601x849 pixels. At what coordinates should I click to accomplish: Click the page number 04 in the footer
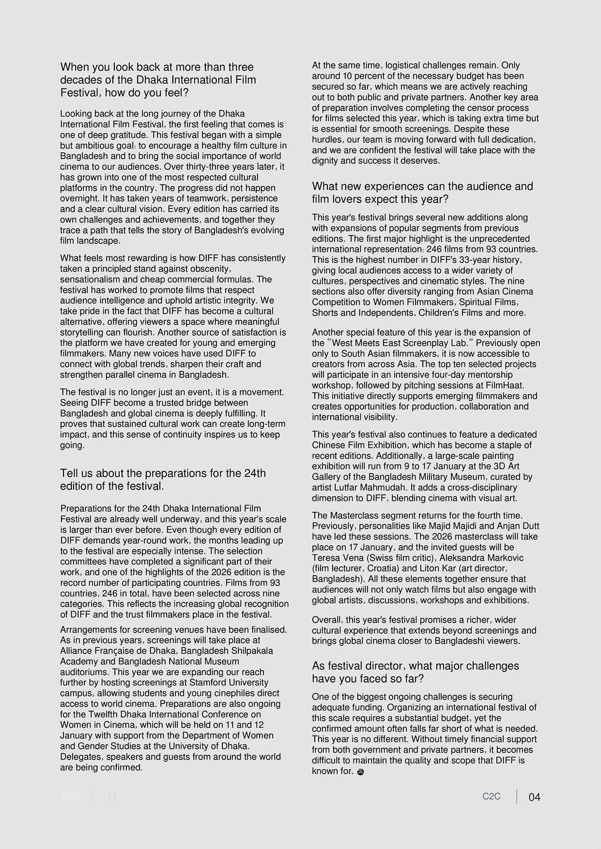(x=534, y=797)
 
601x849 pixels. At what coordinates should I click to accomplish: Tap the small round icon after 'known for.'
(x=360, y=772)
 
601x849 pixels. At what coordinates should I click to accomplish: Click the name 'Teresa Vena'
(x=338, y=558)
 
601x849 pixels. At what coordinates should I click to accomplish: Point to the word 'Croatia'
(x=383, y=568)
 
